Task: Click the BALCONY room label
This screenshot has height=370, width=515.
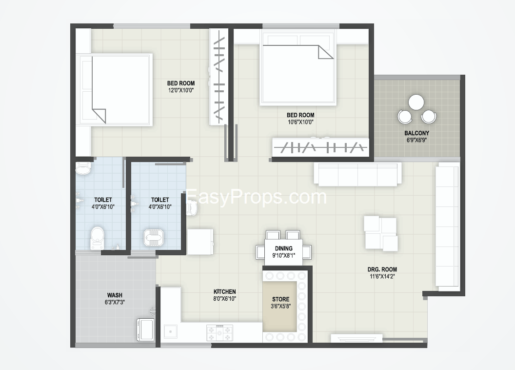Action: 416,133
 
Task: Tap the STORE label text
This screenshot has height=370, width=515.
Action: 280,299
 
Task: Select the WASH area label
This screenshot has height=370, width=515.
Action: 115,295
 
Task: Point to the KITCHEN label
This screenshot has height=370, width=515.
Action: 225,291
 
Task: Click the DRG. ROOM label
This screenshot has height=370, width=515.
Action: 382,269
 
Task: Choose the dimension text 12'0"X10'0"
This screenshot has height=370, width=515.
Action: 181,90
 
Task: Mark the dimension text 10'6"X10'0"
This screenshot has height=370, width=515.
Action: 300,122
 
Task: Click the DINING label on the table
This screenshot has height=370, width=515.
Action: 284,248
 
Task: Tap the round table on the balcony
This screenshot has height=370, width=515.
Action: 416,102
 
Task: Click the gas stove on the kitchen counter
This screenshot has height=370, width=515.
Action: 220,333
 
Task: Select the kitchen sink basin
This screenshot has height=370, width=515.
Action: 171,331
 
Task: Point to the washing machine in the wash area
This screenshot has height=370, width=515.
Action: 145,329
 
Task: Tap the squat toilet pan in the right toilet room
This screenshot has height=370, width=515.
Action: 154,237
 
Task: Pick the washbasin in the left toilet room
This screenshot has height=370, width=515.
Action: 83,169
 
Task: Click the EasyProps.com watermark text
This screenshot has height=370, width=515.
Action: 256,197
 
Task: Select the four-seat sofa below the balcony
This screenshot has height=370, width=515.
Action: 357,174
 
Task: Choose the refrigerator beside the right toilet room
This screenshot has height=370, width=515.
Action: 200,242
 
